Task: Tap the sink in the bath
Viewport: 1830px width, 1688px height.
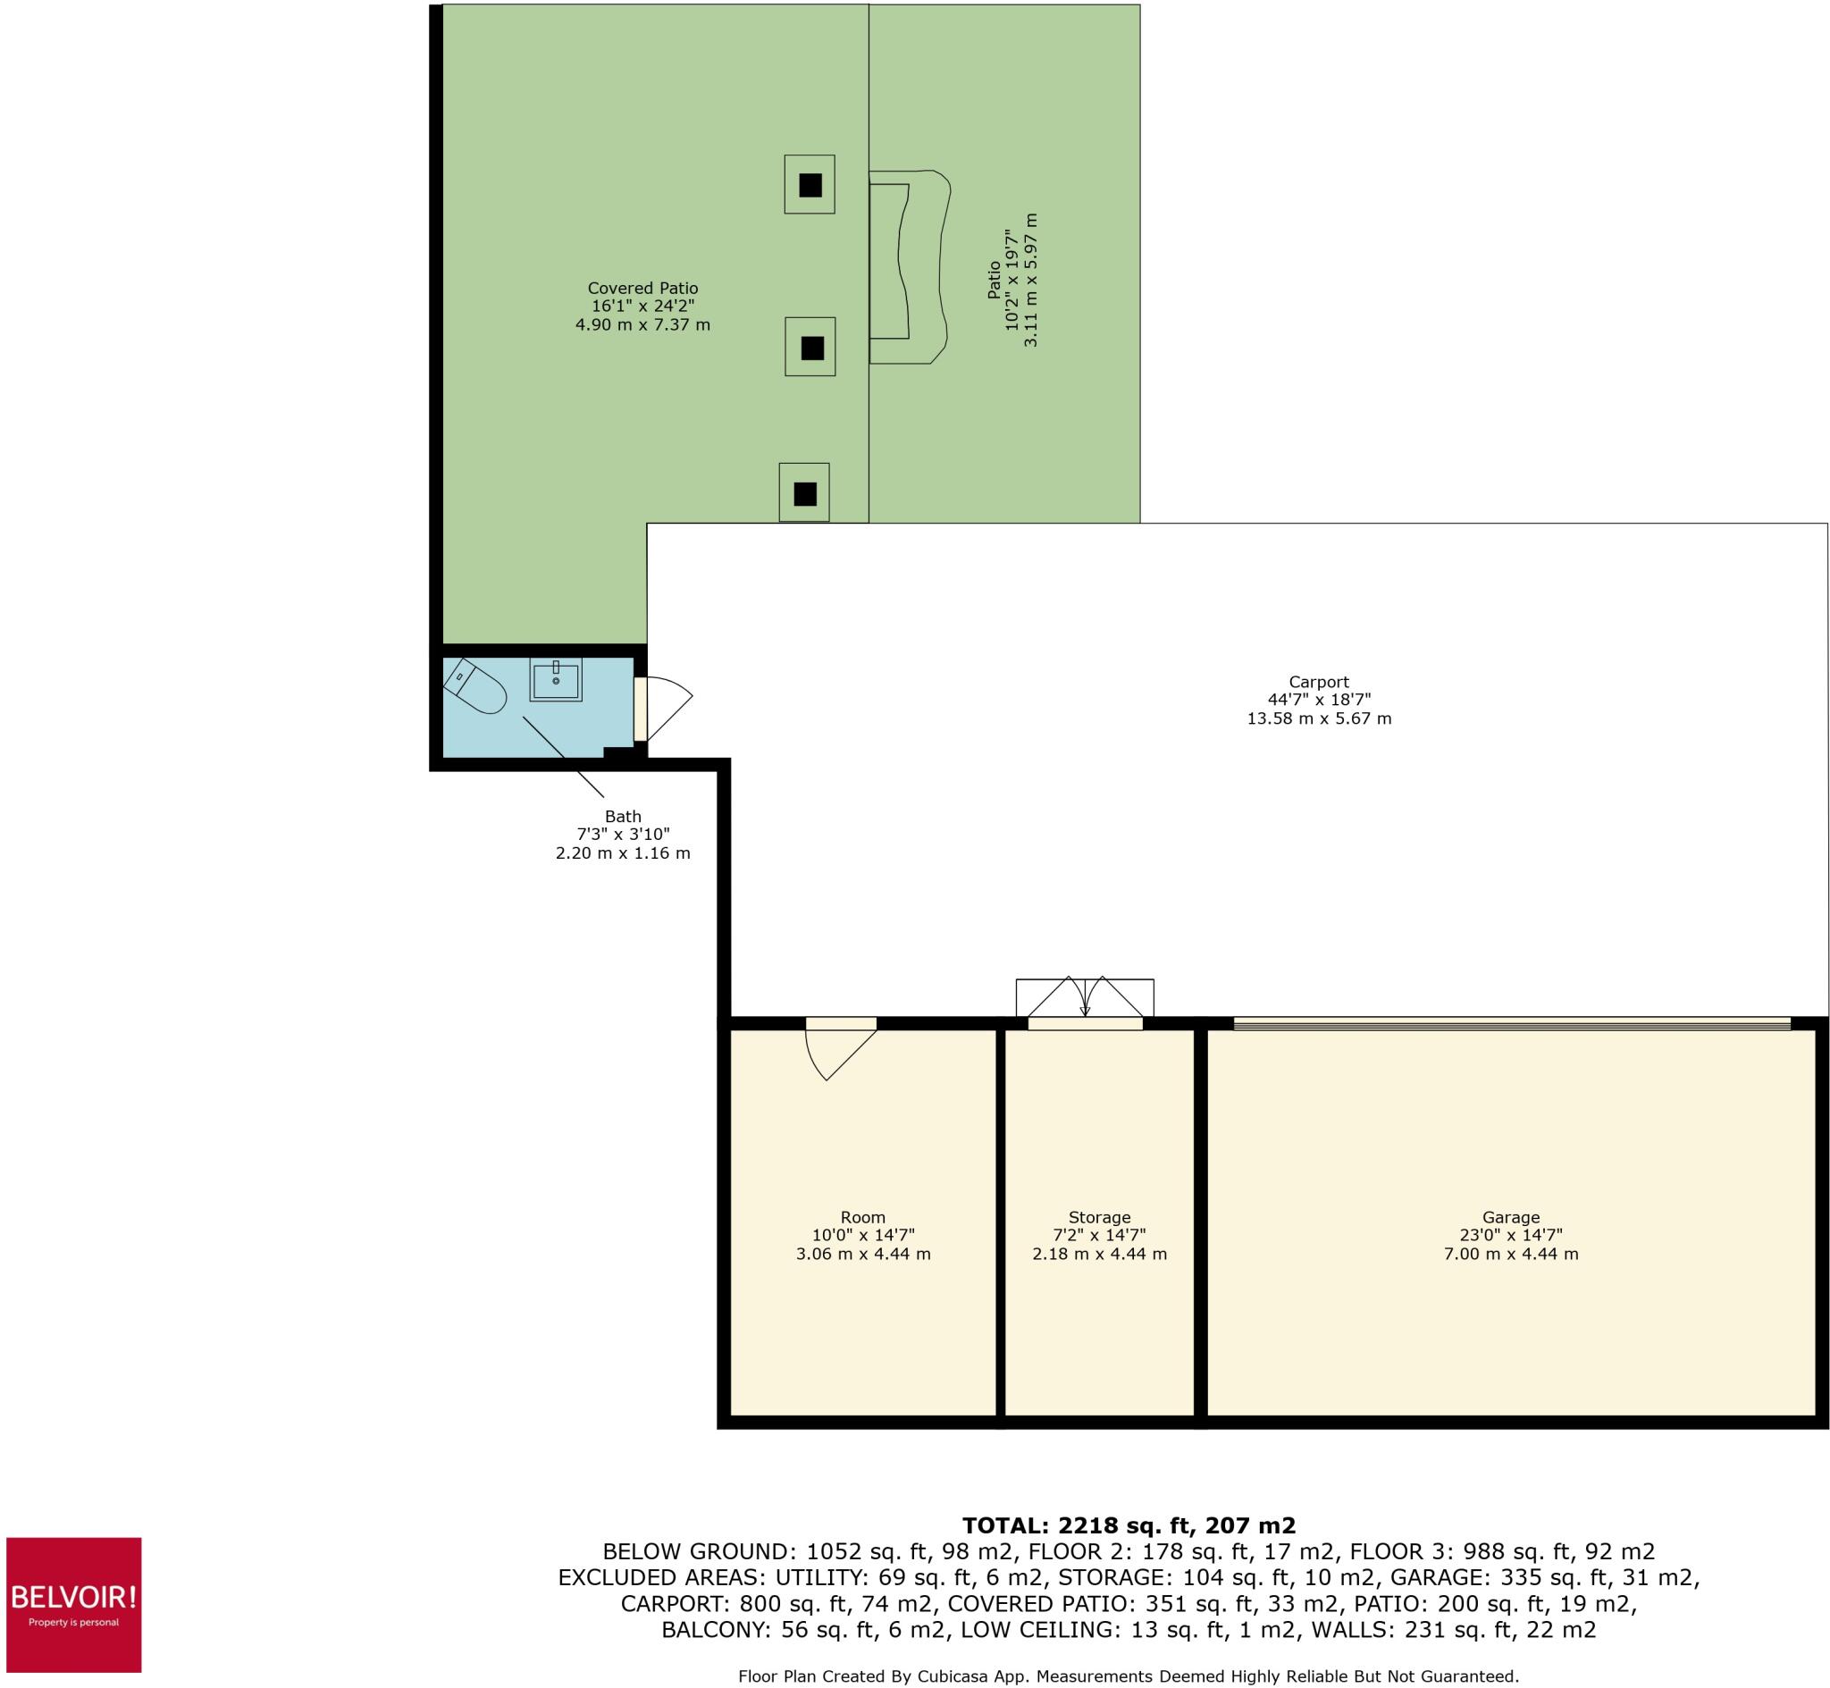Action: (x=555, y=680)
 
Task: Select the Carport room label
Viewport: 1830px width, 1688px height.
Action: (x=1319, y=682)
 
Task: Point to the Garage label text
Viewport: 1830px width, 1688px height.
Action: (x=1510, y=1217)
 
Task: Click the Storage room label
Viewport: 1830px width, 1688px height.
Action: (x=1099, y=1217)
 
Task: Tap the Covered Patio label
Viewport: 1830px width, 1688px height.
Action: (x=642, y=289)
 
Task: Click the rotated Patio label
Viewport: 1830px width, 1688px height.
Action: (x=995, y=280)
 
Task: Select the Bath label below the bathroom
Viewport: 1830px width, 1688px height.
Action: (x=623, y=816)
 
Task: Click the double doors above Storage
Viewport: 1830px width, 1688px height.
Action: (x=1085, y=999)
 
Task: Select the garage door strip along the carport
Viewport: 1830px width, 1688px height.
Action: (x=1511, y=1023)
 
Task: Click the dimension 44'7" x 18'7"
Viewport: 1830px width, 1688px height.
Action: (x=1319, y=700)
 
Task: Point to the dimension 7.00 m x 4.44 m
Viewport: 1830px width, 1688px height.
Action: (x=1510, y=1254)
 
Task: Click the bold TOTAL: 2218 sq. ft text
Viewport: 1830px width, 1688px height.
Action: (x=1128, y=1525)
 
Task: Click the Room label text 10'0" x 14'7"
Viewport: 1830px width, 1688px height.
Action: (x=863, y=1235)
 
